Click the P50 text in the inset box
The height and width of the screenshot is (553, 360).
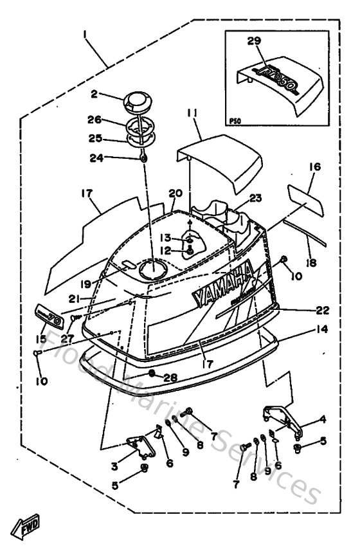(235, 120)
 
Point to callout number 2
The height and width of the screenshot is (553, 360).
(94, 94)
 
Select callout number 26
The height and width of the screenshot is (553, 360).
(95, 119)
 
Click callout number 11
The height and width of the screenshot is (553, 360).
(191, 113)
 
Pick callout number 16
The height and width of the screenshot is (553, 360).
(314, 166)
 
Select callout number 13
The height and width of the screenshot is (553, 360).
(165, 237)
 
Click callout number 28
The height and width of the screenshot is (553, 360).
(170, 377)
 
